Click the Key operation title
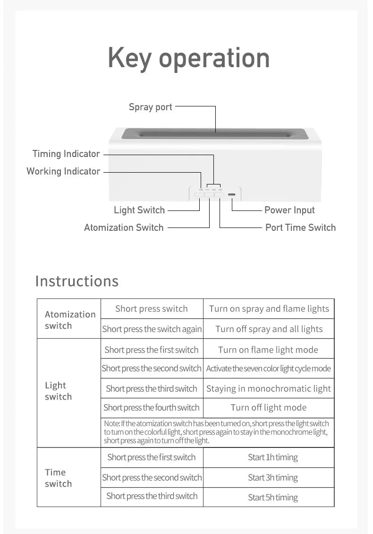188,58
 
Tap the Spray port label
150,107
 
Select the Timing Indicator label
66,154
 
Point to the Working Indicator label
63,171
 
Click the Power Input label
289,210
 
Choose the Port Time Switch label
300,228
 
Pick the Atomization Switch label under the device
124,228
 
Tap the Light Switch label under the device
139,210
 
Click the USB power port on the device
232,194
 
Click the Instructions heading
77,281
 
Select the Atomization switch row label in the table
69,320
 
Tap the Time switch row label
58,478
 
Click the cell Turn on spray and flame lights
269,309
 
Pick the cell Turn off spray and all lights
269,329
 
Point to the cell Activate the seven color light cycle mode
269,368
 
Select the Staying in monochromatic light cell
269,389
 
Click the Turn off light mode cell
269,408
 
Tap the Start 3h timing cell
273,478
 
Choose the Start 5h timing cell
273,498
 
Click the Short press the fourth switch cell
152,408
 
